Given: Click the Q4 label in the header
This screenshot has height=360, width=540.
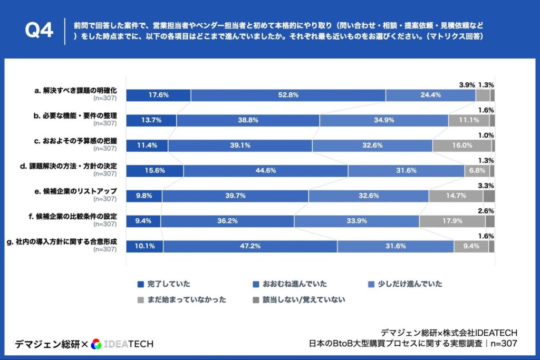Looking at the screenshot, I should coord(40,31).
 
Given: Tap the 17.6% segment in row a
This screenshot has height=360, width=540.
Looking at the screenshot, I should coord(158,95).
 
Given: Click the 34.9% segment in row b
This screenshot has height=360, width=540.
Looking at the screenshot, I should coord(383,121).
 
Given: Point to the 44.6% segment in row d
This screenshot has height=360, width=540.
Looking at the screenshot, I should coord(265,171).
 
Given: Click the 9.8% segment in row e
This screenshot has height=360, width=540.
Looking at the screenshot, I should coord(144,196).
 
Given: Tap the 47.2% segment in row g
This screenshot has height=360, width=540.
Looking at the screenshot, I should coord(250,246).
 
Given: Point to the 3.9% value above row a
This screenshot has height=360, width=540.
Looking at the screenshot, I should coord(467,85).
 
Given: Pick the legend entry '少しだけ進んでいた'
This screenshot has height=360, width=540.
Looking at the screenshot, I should coord(404,284).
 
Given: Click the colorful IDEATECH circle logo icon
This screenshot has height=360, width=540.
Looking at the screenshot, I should coord(95,344).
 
